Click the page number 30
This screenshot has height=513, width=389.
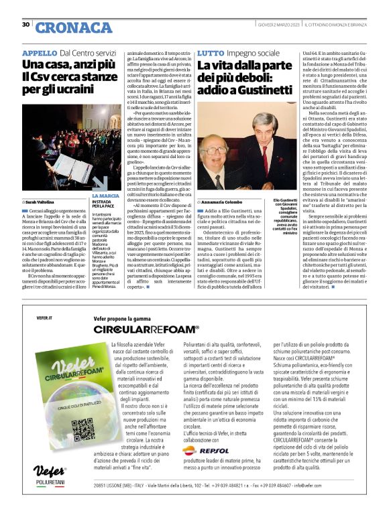point(25,25)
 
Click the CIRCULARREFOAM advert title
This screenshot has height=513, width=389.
point(146,329)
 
